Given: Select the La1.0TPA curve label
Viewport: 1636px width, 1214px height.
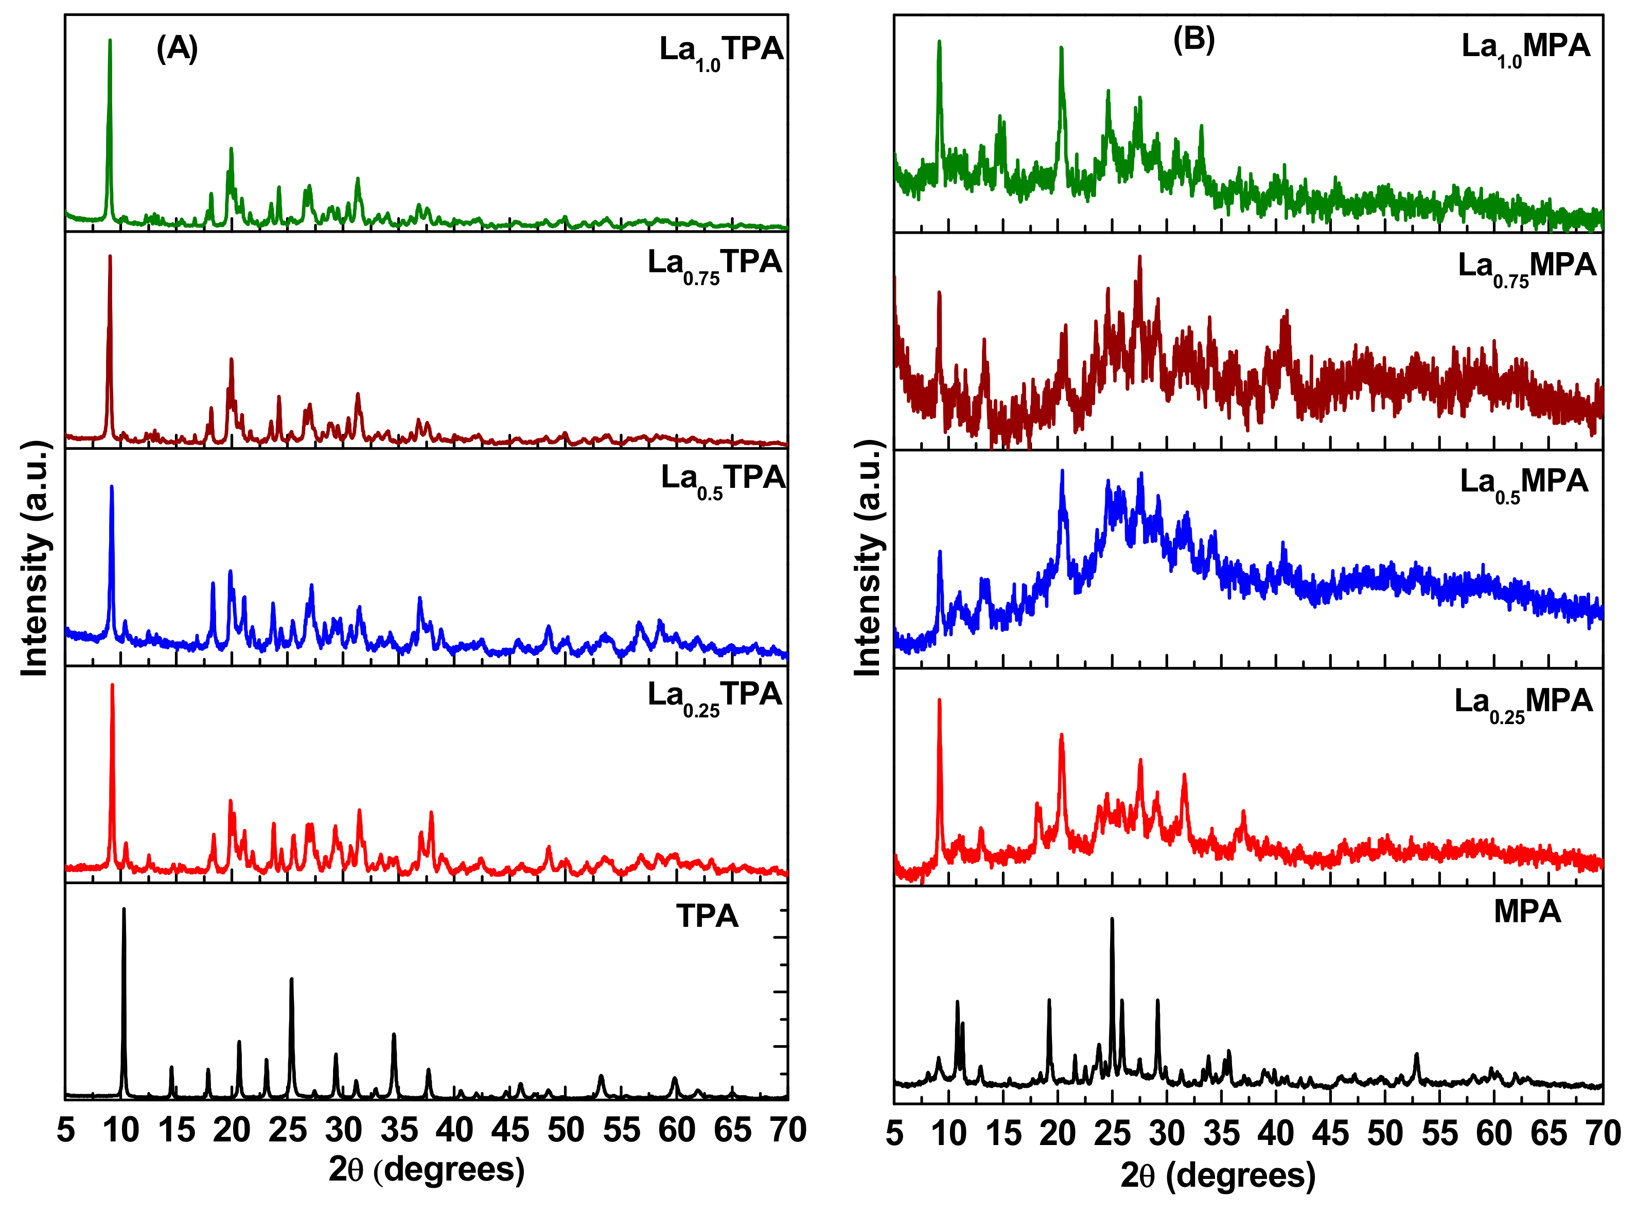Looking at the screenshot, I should click(720, 51).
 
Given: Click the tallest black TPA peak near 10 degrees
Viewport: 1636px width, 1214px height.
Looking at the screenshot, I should click(124, 911).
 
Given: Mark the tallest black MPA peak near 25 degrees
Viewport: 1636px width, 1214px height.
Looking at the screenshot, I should click(1111, 921).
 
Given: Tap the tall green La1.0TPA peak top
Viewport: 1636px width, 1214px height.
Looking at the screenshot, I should click(110, 43).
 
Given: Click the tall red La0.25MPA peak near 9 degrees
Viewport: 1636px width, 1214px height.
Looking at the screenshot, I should click(939, 702).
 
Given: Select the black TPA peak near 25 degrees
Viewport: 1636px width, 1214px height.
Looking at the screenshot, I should click(291, 981).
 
